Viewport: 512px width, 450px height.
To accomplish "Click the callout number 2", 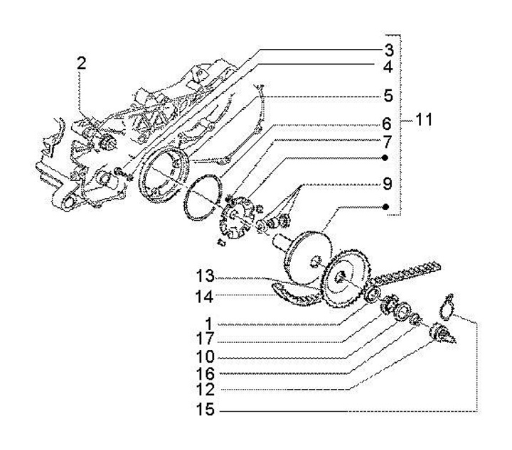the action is tap(82, 64).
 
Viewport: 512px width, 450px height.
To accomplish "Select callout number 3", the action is tap(389, 50).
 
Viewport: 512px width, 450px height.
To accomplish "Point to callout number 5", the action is tap(389, 95).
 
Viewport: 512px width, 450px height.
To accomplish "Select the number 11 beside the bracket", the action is tap(424, 120).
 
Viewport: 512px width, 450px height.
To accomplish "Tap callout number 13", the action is tap(206, 275).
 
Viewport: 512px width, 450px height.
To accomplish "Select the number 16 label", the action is tap(206, 373).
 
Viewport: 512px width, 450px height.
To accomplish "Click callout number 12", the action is tap(206, 389).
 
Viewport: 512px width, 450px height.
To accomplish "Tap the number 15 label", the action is tap(206, 410).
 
